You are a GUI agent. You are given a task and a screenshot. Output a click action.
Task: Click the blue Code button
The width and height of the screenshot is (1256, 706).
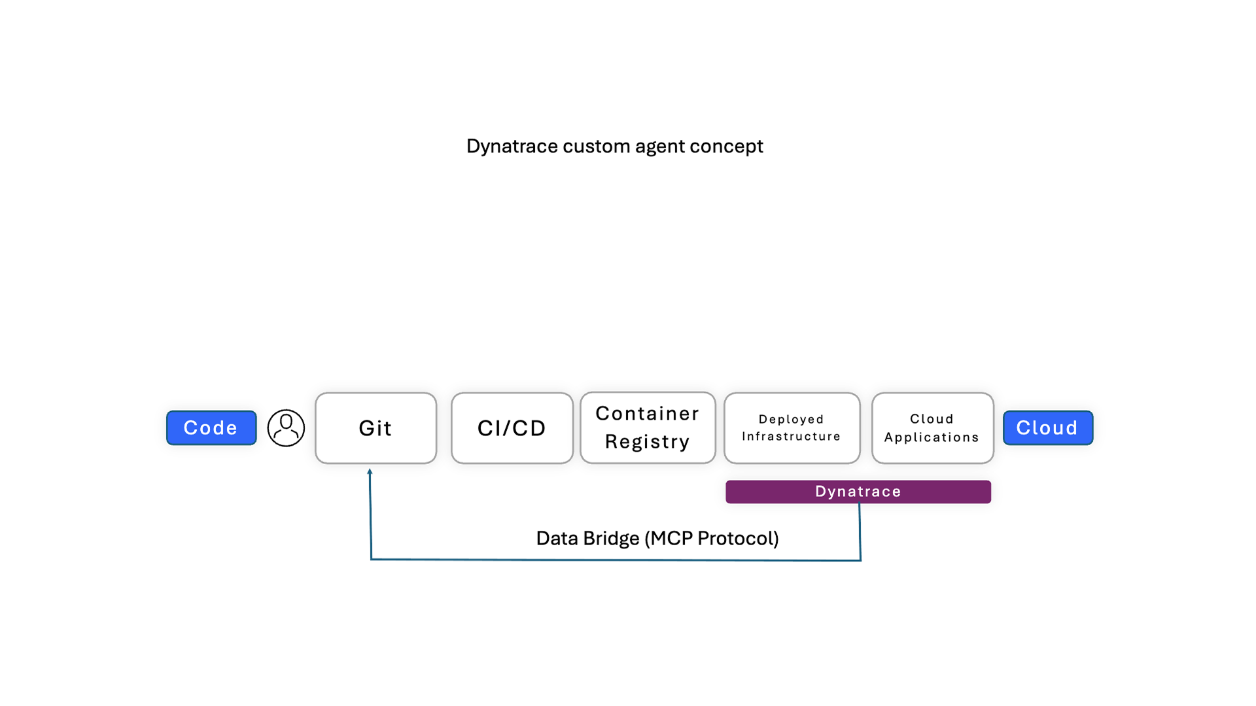[x=211, y=428]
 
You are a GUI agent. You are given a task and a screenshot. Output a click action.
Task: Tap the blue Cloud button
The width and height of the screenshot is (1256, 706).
[x=1047, y=428]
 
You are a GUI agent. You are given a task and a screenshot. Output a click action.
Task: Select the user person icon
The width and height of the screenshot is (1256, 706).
[x=286, y=428]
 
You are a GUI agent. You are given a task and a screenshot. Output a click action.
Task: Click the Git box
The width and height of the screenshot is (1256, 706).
[x=375, y=428]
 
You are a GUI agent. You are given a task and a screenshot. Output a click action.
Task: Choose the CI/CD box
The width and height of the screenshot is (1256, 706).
[x=512, y=428]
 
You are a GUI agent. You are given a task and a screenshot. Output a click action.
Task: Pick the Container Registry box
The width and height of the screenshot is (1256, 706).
[x=648, y=428]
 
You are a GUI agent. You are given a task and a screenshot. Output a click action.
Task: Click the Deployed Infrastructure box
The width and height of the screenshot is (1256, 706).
[x=792, y=428]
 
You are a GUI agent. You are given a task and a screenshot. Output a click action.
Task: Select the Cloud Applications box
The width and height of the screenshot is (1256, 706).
[x=932, y=428]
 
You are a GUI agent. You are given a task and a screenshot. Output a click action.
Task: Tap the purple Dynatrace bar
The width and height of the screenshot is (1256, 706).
[x=858, y=492]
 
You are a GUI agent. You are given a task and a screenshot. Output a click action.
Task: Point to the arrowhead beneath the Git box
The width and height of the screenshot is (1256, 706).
[x=370, y=471]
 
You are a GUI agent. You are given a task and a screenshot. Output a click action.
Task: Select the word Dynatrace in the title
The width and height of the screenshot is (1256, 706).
[x=512, y=146]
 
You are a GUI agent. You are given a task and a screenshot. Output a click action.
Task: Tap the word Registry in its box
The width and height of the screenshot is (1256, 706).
[x=647, y=442]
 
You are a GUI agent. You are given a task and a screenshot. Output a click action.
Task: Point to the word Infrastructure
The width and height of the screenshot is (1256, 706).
[x=791, y=437]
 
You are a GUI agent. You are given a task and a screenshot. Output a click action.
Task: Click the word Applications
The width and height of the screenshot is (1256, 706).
[x=932, y=437]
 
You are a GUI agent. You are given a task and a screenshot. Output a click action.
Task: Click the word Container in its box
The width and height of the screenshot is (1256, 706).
[x=647, y=414]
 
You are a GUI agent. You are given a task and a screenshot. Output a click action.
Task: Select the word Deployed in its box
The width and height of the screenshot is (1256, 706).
[x=791, y=420]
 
